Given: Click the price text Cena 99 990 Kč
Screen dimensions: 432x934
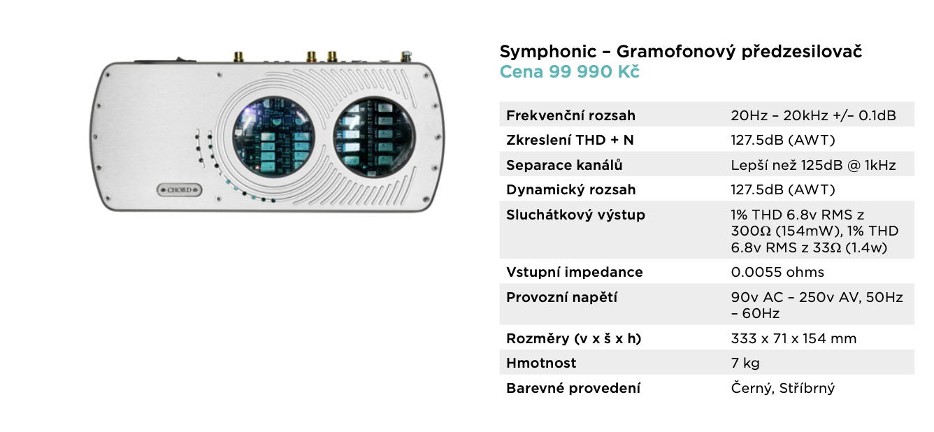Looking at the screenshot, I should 569,72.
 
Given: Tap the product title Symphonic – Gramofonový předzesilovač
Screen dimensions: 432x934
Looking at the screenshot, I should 680,51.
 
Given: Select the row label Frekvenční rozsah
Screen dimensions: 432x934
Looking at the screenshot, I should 570,115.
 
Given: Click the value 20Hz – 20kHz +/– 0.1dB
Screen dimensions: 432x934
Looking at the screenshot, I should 813,115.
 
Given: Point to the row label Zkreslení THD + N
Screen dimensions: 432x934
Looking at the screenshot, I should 570,140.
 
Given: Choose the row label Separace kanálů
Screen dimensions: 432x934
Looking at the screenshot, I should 564,165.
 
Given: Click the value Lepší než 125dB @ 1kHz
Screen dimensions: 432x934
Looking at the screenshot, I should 813,165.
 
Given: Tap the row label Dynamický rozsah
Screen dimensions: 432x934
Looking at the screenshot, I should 570,189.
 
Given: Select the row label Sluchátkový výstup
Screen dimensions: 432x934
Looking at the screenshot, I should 575,215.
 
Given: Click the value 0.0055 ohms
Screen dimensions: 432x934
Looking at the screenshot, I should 777,272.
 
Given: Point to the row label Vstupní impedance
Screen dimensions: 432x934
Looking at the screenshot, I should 575,272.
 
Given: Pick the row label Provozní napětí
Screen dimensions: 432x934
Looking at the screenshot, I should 561,297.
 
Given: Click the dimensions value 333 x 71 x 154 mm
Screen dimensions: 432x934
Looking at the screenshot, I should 793,338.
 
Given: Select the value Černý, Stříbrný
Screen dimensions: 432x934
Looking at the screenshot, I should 782,388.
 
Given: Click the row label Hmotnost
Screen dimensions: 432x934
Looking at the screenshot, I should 541,363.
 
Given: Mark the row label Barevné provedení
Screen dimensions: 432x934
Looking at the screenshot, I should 573,388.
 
